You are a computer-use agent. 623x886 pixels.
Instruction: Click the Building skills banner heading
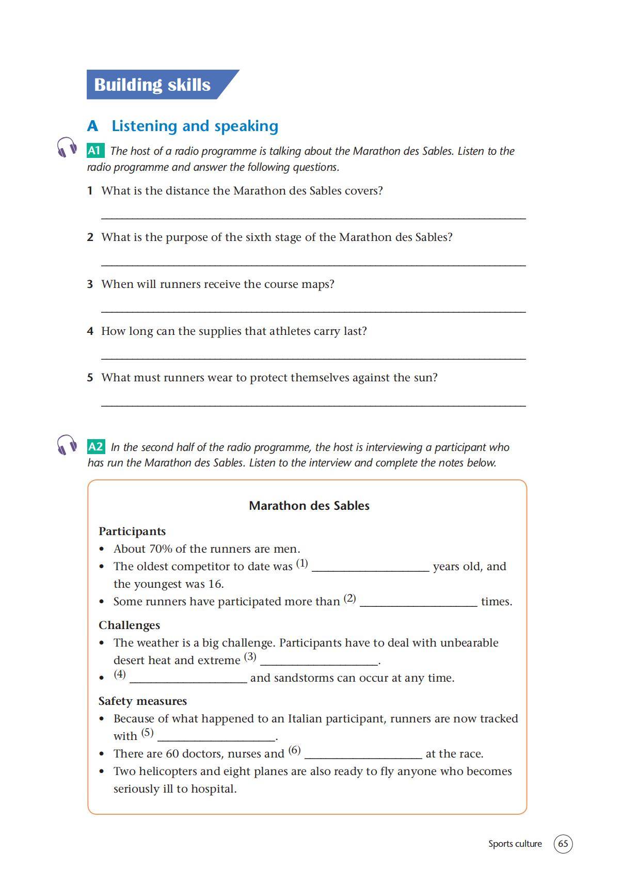coord(152,85)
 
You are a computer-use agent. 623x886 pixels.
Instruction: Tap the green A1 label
coord(94,151)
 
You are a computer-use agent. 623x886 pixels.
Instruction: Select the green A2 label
coord(95,446)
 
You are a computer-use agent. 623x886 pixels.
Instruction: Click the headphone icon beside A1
coord(67,147)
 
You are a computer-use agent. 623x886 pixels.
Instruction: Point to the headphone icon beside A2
coord(67,444)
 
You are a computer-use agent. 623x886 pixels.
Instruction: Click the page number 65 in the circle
coord(563,844)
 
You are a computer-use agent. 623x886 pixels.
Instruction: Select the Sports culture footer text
coord(515,844)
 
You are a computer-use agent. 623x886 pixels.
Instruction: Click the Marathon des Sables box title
coord(309,506)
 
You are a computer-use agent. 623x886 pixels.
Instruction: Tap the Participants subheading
coord(132,531)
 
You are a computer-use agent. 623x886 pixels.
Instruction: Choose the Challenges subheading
coord(129,625)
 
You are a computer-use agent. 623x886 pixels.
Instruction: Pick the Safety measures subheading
coord(142,701)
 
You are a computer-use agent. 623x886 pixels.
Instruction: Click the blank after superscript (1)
coord(371,569)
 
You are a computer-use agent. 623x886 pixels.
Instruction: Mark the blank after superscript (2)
coord(418,604)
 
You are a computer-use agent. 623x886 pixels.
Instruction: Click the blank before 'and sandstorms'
coord(188,681)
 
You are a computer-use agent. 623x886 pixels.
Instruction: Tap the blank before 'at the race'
coord(363,756)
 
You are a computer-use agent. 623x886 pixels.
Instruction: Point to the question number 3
coord(90,284)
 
